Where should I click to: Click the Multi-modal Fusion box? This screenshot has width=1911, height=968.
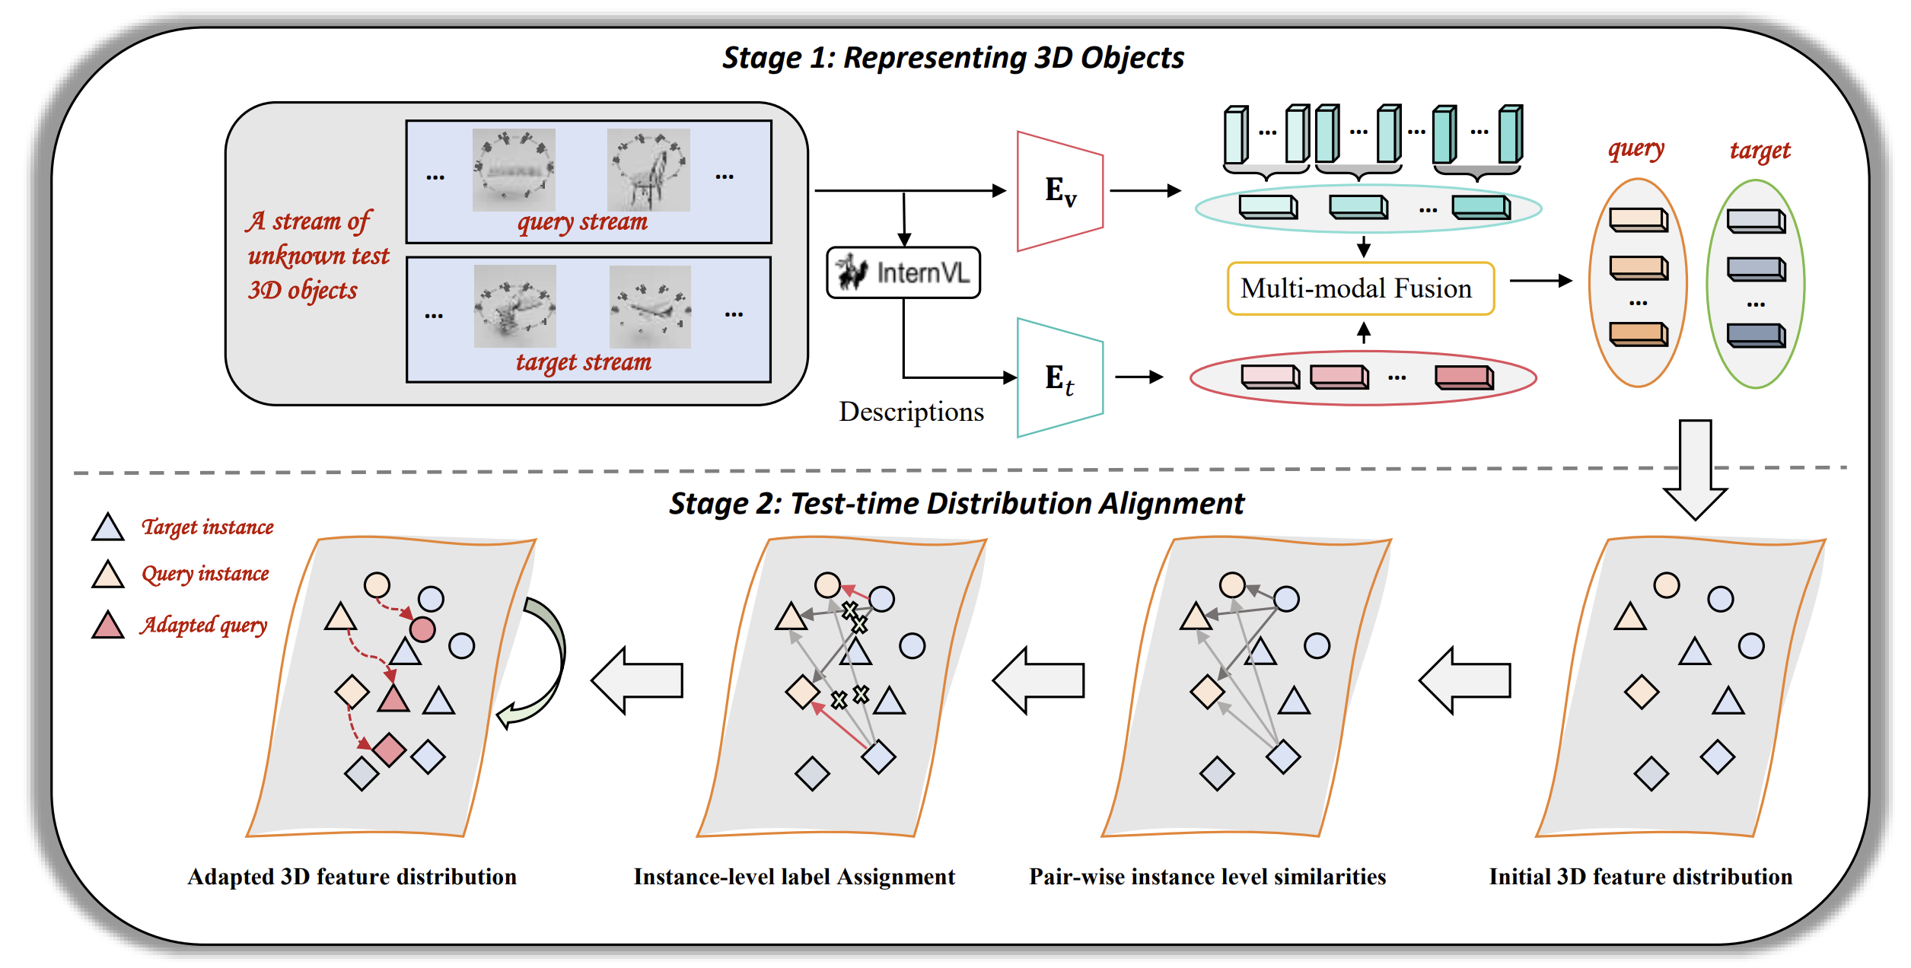point(1361,288)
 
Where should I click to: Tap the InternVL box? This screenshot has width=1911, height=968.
point(903,272)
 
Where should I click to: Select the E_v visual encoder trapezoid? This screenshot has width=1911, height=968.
point(1060,191)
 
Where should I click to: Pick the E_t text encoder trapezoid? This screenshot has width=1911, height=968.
point(1060,377)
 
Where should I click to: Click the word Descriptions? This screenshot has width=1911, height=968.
point(911,412)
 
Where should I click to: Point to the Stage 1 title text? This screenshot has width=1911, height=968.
point(953,58)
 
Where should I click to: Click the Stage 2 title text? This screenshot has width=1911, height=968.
point(957,504)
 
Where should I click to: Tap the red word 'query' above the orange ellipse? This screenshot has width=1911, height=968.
point(1635,150)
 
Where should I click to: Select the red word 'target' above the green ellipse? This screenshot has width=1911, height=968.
point(1760,151)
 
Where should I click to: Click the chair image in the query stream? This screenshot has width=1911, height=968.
point(648,170)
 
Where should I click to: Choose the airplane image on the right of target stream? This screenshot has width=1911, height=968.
point(650,307)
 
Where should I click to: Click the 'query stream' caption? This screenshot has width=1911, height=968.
point(582,222)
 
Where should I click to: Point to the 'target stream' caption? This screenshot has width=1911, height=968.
point(584,362)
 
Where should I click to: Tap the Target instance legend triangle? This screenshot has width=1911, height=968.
point(108,528)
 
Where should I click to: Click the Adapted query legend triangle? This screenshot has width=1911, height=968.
point(108,626)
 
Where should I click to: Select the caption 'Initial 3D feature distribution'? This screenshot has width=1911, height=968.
point(1641,877)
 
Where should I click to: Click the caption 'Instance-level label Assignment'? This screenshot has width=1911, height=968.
point(794,877)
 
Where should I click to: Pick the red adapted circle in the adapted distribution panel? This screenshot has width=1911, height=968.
point(422,629)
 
